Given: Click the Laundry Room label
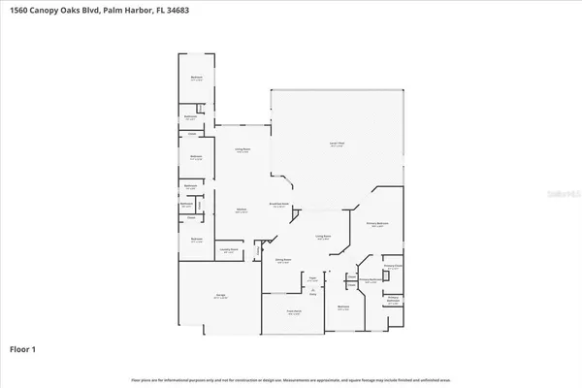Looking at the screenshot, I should point(228,252).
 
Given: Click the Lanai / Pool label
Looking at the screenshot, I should point(338,144).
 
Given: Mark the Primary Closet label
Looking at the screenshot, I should point(392,265).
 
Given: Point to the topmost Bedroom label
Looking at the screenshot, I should point(195,79).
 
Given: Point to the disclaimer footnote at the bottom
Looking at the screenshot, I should point(291,377).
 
